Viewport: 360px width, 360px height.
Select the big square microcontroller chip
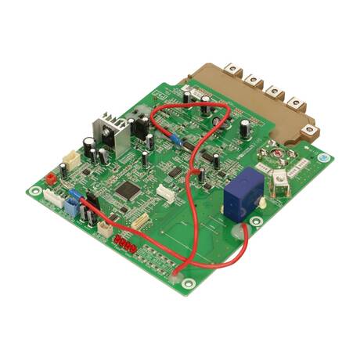click(x=125, y=189)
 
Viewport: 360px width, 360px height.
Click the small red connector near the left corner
click(x=52, y=178)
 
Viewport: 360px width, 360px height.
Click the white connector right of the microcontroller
click(x=165, y=193)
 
